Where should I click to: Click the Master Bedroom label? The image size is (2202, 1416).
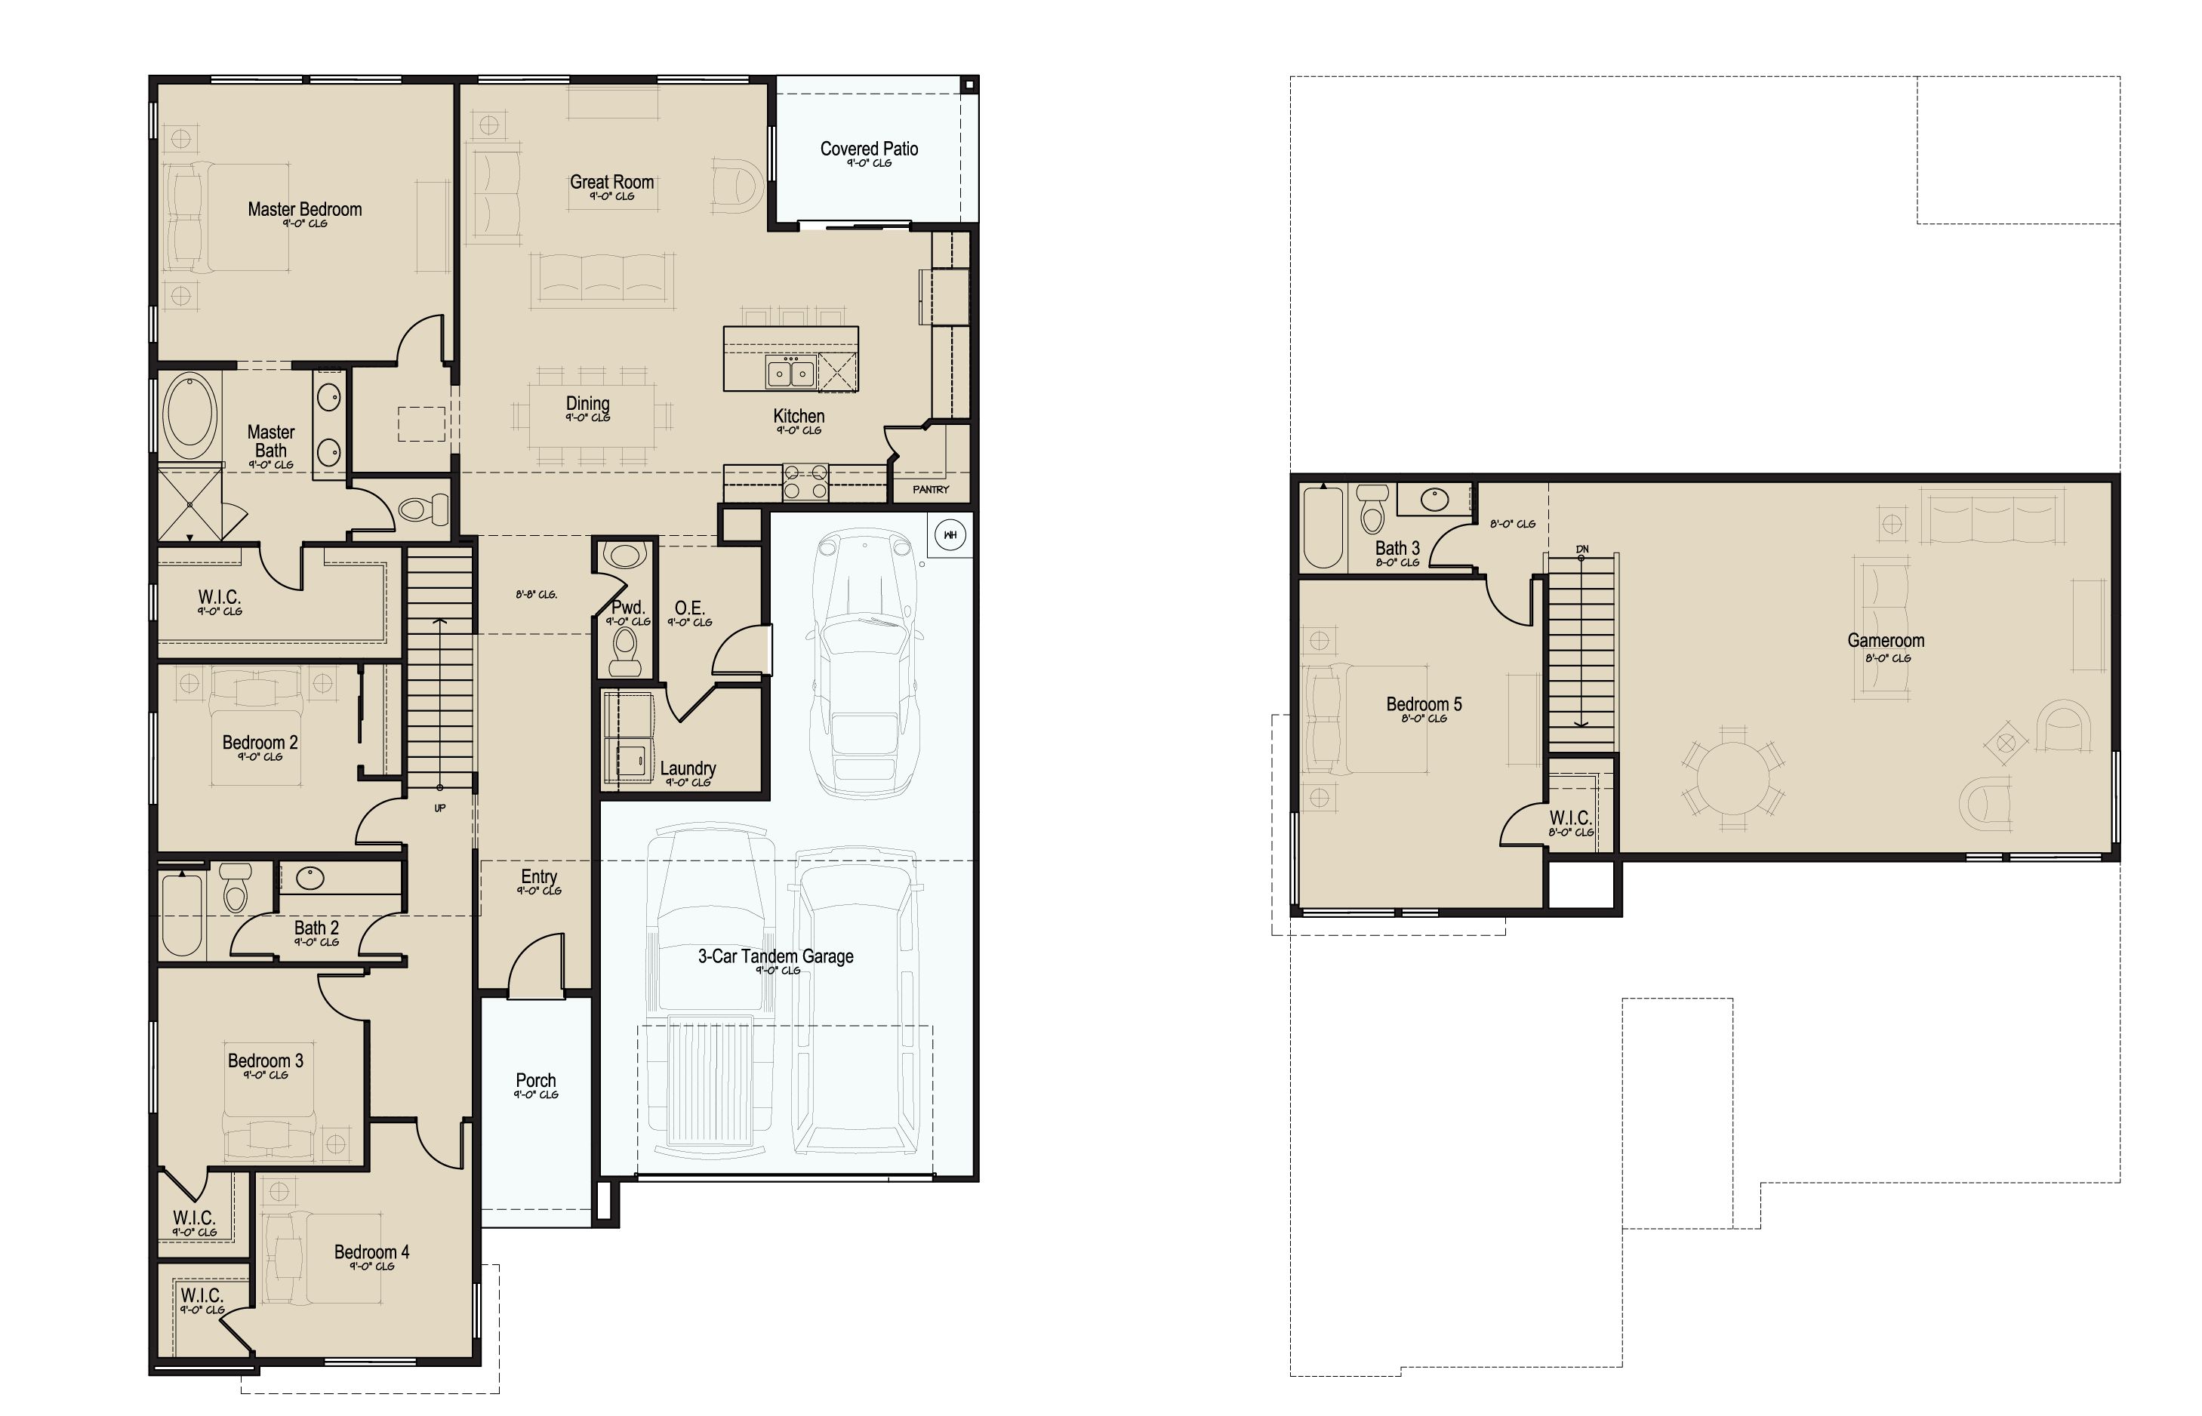click(304, 210)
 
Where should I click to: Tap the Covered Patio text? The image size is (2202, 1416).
click(869, 149)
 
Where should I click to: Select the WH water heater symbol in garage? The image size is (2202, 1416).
click(950, 535)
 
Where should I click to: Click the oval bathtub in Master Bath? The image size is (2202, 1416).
click(191, 416)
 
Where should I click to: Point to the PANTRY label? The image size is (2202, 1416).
click(931, 490)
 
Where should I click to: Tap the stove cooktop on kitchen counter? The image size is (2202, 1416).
click(805, 482)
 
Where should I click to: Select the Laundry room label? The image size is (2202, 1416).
click(688, 768)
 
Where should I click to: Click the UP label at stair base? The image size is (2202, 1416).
click(439, 808)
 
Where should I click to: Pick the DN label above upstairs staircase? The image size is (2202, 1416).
click(1581, 549)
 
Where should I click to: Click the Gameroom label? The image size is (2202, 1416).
click(1886, 641)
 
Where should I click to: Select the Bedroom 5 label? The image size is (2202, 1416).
click(1423, 705)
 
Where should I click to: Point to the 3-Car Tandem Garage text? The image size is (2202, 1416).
click(775, 956)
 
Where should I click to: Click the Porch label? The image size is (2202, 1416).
click(535, 1080)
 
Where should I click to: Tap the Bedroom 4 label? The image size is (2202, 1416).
click(371, 1252)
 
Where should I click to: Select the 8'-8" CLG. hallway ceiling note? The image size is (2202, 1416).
click(536, 595)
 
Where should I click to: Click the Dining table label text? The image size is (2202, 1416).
click(587, 404)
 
